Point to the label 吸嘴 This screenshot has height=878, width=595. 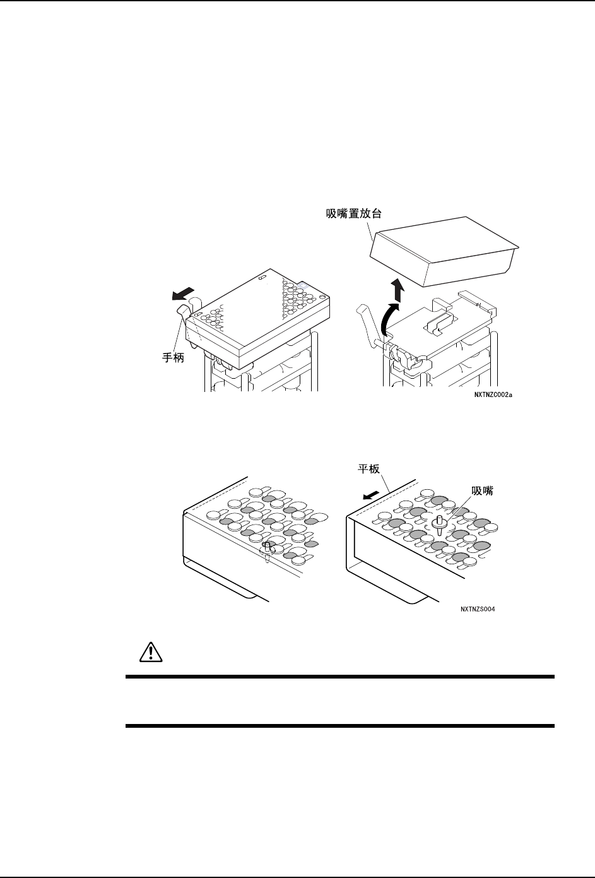pyautogui.click(x=483, y=491)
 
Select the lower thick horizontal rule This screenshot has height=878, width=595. pyautogui.click(x=339, y=726)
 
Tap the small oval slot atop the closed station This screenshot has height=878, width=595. pyautogui.click(x=262, y=276)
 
